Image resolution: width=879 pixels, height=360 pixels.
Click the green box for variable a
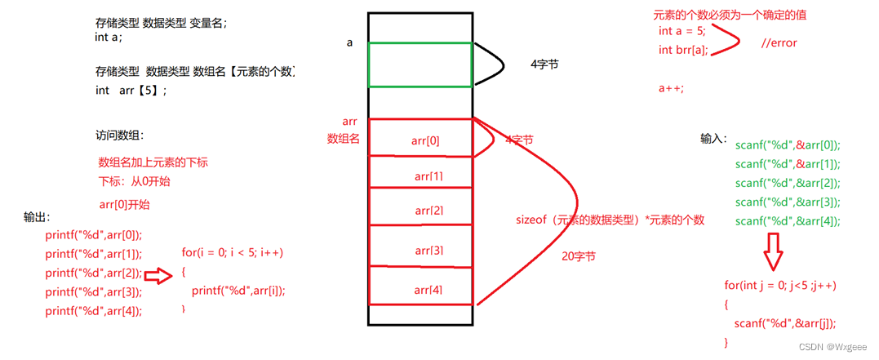click(420, 64)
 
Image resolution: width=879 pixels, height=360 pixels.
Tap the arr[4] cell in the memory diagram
click(420, 289)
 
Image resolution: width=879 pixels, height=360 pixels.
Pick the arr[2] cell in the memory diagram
click(420, 211)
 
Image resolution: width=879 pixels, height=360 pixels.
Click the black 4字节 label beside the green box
click(544, 64)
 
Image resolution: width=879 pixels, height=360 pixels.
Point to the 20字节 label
click(579, 256)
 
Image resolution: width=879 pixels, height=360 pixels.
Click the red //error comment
click(778, 43)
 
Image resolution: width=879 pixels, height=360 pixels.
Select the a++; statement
click(671, 88)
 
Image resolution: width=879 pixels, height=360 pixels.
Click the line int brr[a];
click(683, 51)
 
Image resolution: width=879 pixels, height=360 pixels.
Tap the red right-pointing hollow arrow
click(158, 274)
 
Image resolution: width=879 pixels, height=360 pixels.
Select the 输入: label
click(713, 139)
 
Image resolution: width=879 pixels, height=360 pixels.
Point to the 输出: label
click(37, 217)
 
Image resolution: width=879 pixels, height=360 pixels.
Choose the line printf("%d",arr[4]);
click(93, 310)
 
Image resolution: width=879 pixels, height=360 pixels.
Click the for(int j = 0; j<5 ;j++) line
click(779, 285)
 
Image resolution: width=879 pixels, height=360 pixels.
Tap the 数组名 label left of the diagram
click(344, 139)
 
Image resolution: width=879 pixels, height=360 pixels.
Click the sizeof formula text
click(609, 220)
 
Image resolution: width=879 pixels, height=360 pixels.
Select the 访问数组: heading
click(119, 136)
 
